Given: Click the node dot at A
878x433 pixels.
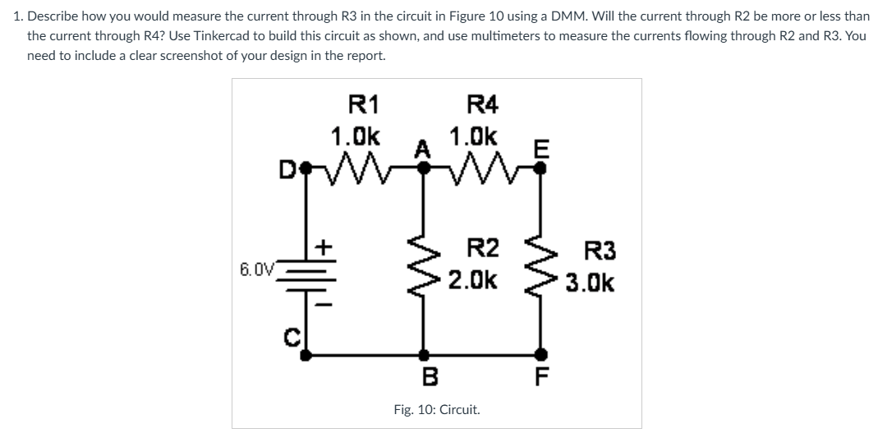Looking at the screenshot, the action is point(425,167).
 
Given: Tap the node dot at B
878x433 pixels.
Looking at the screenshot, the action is point(425,355).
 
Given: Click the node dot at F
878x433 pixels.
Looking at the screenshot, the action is point(540,355).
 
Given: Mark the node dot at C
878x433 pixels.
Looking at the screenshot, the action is point(306,355).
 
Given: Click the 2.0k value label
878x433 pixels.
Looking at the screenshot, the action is point(472,281).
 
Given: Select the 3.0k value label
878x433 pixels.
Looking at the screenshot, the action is point(590,283).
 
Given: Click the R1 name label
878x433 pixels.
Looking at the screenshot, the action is point(364,104).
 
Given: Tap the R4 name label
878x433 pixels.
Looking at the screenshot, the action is point(482,104).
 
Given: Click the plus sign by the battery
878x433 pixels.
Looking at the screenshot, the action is point(324,246).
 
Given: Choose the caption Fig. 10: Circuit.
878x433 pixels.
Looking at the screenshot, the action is point(437,409).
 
